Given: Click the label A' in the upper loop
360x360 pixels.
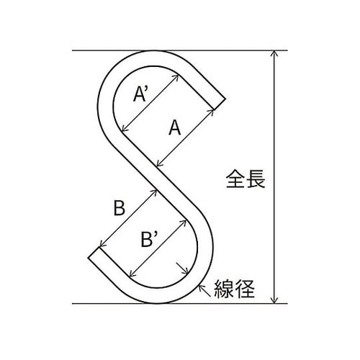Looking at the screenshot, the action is coord(141,94).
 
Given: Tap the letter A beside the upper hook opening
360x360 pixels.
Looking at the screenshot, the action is coord(174,127).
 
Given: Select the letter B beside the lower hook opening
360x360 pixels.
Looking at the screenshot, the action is coord(120,208).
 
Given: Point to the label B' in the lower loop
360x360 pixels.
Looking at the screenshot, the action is coord(149,238).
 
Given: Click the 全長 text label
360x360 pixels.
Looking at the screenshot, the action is coord(246,179).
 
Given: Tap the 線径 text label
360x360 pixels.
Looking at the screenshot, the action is coord(234,289).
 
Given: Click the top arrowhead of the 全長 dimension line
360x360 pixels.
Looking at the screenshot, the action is coord(274,53).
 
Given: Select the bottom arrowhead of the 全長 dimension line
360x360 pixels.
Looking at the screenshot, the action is coord(274,300).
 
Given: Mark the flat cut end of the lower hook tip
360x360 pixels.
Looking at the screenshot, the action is coord(94,253).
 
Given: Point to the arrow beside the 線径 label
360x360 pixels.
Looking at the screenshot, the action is coord(204,290).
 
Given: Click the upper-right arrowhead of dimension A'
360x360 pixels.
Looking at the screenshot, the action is coord(176,78).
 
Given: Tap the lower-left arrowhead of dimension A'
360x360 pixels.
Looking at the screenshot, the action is coord(125,129).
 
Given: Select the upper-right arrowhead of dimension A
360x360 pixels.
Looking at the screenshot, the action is coord(211,112).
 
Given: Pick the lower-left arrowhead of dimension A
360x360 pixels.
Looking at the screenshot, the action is coord(159,163).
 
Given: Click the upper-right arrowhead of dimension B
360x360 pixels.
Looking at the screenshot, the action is coord(153,192).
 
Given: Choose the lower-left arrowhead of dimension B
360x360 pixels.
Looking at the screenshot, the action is coord(102,244).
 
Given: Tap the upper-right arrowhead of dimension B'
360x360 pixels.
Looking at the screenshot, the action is coord(184,222).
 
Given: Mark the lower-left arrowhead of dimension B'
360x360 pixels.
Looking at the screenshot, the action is coord(132,274).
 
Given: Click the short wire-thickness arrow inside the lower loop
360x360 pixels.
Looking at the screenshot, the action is coord(182,269).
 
